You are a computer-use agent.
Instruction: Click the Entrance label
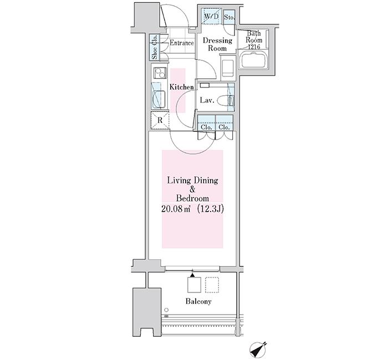(x=181, y=43)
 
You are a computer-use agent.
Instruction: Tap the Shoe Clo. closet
(x=155, y=48)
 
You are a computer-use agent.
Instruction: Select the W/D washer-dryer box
(x=211, y=17)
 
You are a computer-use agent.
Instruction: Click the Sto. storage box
(x=229, y=17)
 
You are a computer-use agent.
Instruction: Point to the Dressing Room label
(x=217, y=44)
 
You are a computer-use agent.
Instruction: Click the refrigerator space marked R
(x=159, y=120)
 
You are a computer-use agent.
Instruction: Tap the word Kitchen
(x=181, y=87)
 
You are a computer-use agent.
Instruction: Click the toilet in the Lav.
(x=227, y=101)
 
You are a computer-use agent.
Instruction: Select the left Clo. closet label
(x=206, y=127)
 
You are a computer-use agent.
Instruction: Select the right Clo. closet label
(x=224, y=127)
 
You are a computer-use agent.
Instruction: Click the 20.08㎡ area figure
(x=175, y=209)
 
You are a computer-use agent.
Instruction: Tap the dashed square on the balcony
(x=212, y=285)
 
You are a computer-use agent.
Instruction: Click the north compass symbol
(x=259, y=349)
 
